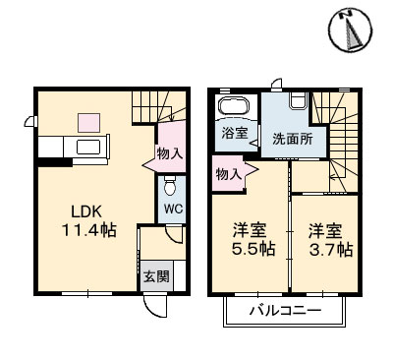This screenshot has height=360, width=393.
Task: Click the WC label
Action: pos(172,210)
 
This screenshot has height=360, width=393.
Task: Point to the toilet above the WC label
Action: pos(171,186)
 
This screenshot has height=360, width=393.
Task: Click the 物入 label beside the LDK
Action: pos(169,153)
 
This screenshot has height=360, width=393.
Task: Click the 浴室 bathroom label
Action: pos(234,132)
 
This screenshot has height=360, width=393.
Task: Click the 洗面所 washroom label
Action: pos(292,139)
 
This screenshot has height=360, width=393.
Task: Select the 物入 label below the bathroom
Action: pos(228,174)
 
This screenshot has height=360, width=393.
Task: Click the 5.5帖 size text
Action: pos(252,250)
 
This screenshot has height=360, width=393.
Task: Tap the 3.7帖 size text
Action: pos(330,250)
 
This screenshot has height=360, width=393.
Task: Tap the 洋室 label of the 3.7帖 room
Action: pos(326,231)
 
